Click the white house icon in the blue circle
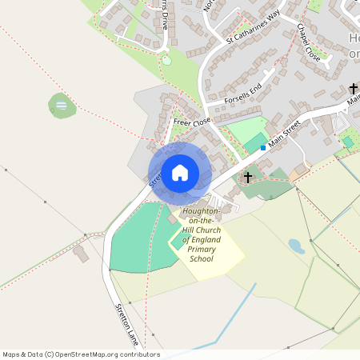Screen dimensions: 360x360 pyautogui.click(x=180, y=173)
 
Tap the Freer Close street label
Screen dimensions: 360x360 pyautogui.click(x=191, y=122)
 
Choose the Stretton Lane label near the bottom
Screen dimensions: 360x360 pyautogui.click(x=128, y=324)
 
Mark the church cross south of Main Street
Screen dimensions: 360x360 pyautogui.click(x=248, y=177)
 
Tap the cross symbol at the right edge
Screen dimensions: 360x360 pyautogui.click(x=353, y=90)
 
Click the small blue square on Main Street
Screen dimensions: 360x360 pyautogui.click(x=262, y=147)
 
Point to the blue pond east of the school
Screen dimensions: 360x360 pyautogui.click(x=296, y=246)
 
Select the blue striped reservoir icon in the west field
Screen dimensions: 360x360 pyautogui.click(x=62, y=105)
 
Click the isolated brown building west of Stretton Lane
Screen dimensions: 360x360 pyautogui.click(x=81, y=254)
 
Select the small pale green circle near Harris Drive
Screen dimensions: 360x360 pyautogui.click(x=166, y=59)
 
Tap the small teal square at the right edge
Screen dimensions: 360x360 pyautogui.click(x=347, y=142)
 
